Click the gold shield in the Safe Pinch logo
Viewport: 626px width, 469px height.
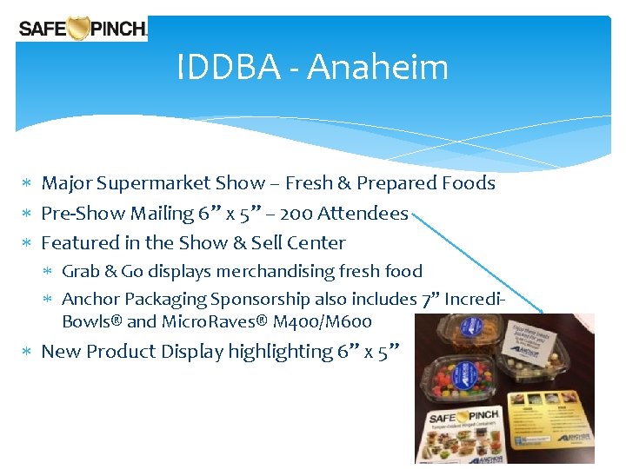click(x=79, y=29)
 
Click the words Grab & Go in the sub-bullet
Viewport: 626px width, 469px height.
click(x=101, y=272)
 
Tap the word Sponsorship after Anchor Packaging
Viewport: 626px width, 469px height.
click(x=260, y=300)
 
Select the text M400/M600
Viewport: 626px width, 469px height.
click(x=323, y=322)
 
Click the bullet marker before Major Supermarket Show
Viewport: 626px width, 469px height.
click(x=28, y=184)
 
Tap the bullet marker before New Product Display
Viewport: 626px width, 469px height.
click(x=28, y=353)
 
